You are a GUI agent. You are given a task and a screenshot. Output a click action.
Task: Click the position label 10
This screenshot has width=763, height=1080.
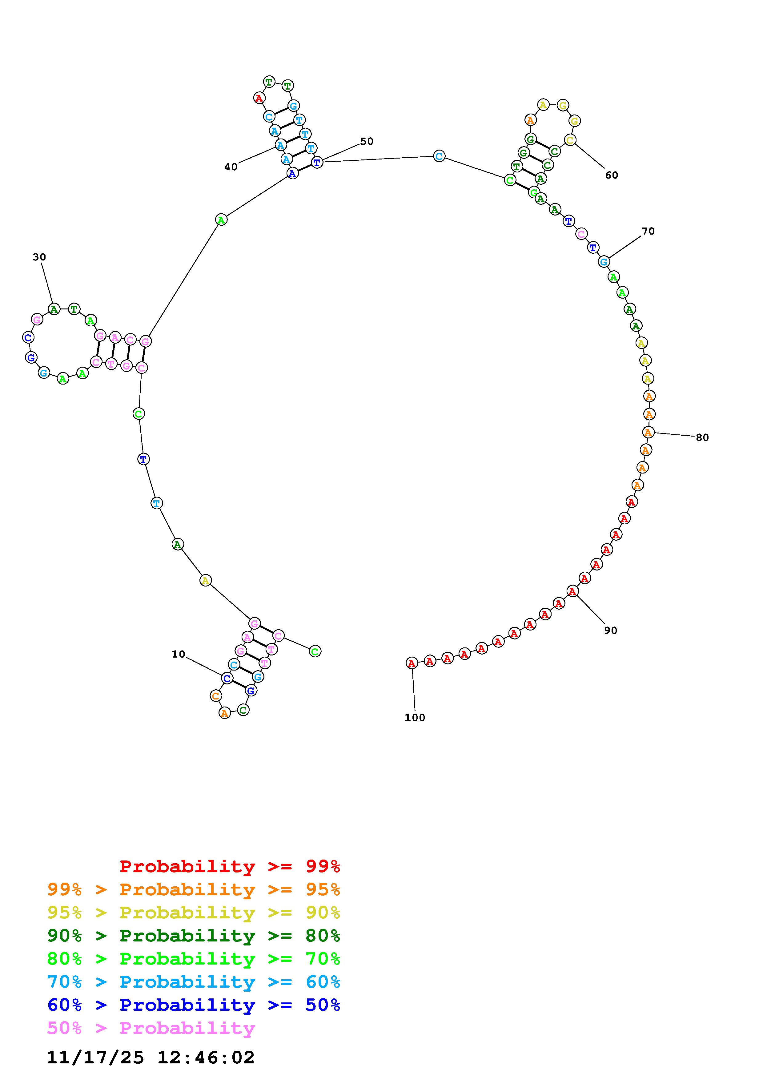178,654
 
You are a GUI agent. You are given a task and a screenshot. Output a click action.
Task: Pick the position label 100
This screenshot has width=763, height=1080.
415,717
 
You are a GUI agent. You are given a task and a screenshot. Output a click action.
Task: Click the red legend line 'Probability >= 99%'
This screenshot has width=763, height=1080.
230,866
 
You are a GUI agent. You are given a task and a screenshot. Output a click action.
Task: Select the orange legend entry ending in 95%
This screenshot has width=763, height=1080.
194,889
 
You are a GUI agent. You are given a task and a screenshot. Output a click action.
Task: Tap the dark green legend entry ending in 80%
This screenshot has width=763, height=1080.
194,936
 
